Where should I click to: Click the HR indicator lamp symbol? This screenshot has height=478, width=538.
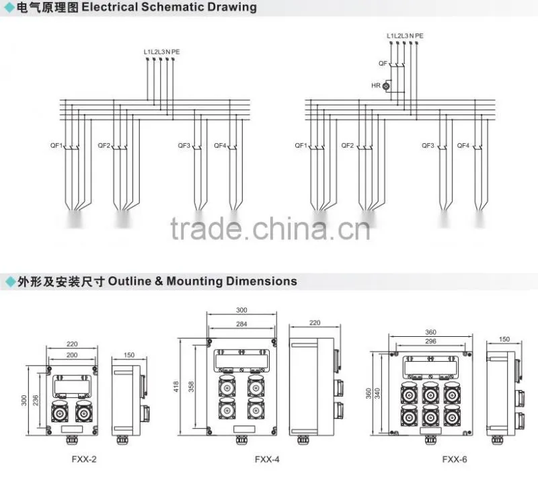[386, 86]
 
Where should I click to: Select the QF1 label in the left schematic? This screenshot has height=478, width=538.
[56, 145]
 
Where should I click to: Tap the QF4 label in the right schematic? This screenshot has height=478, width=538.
[463, 145]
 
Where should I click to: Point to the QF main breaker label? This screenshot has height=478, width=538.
[383, 63]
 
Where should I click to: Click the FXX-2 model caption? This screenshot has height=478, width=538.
[84, 459]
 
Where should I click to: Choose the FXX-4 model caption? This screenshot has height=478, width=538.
[267, 459]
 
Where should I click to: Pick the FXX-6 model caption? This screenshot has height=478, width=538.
[455, 459]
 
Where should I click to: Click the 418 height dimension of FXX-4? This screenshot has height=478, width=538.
[176, 387]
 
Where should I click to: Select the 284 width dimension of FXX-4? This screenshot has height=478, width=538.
[241, 323]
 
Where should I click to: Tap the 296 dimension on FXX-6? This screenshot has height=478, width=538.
[430, 341]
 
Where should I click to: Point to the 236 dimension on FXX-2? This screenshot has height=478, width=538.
[36, 401]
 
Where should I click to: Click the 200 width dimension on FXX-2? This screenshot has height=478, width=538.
[72, 355]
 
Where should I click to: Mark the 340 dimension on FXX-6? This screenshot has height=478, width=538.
[377, 393]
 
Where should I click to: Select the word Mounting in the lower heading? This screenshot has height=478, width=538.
[194, 282]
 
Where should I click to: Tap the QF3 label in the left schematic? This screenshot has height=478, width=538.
[184, 145]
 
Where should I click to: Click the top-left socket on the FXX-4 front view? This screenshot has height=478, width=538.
[227, 386]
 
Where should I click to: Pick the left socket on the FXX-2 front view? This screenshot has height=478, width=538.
[60, 411]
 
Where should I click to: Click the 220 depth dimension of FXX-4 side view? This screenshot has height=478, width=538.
[315, 323]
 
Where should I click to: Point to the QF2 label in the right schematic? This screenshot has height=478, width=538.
[347, 145]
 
